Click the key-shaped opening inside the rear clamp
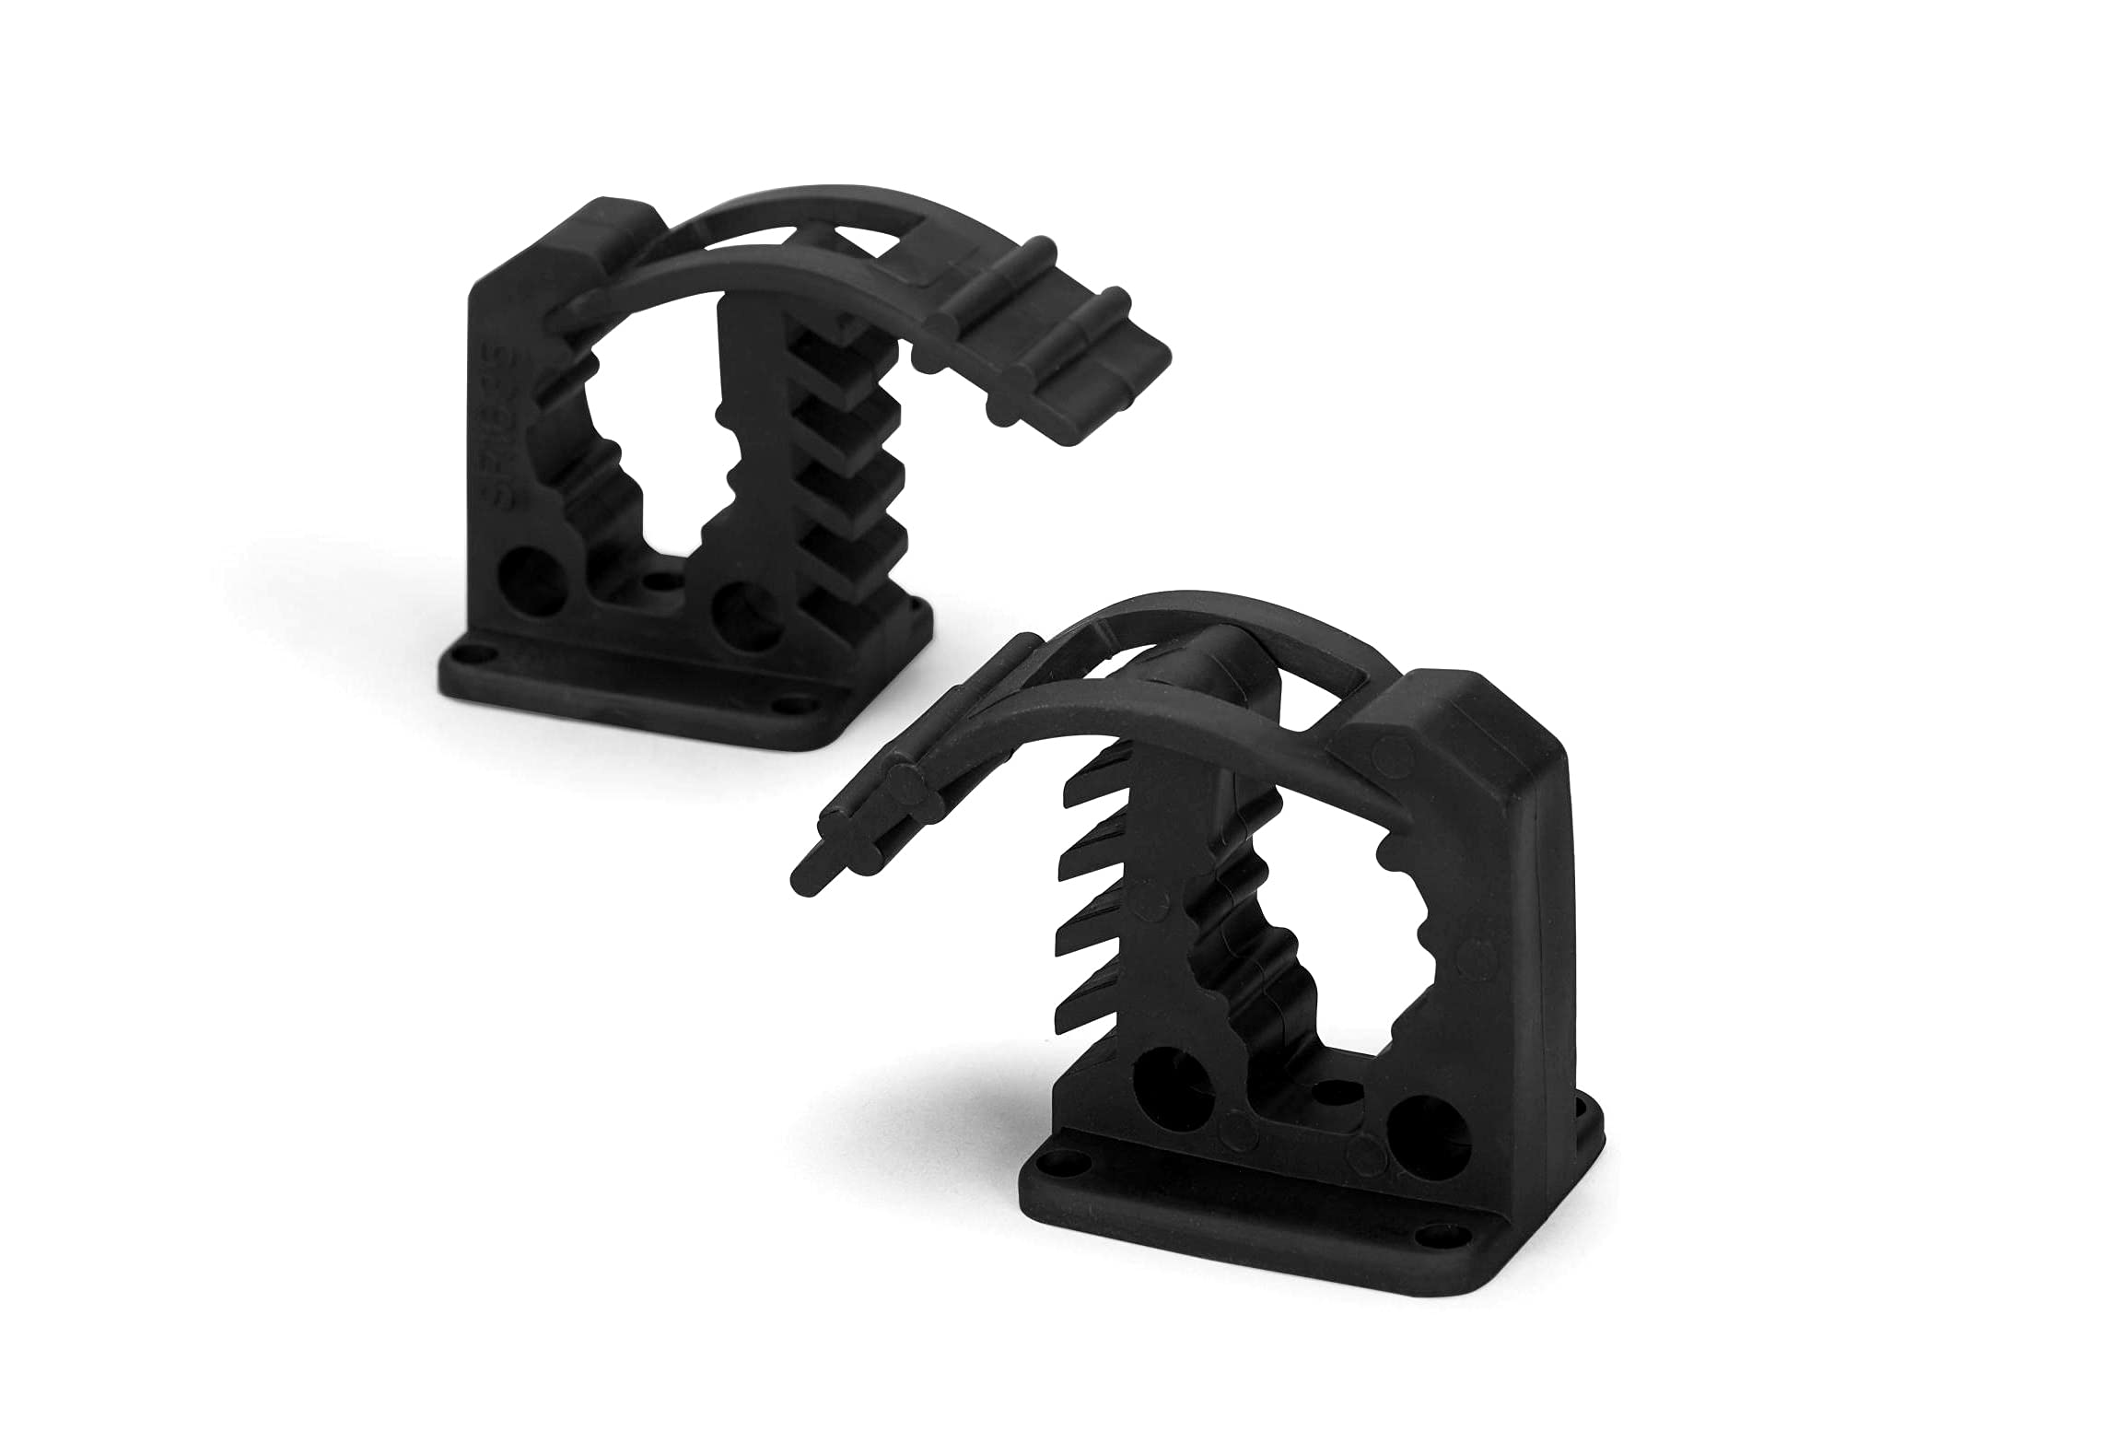[654, 479]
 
